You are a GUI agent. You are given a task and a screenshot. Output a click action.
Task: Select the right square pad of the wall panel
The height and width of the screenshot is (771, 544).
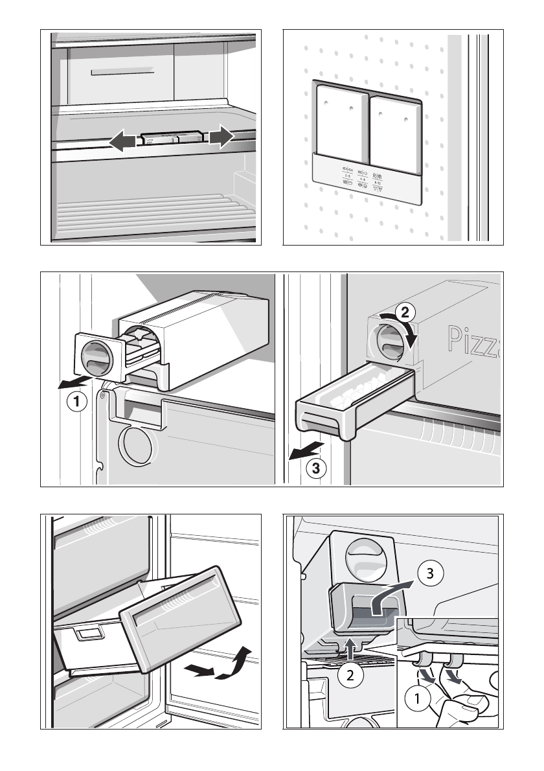(x=394, y=130)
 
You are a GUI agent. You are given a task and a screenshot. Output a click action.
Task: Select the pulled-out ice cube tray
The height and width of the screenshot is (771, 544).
(x=350, y=402)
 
